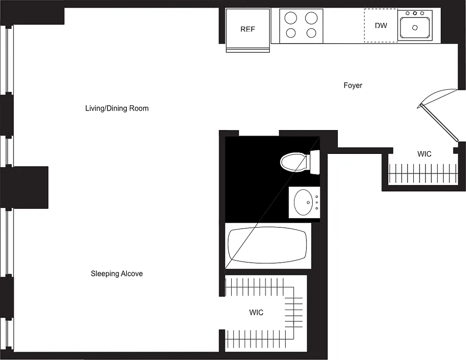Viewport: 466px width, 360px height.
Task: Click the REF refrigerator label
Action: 247,29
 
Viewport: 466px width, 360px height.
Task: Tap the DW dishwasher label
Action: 381,26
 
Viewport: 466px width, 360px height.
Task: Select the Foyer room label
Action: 353,85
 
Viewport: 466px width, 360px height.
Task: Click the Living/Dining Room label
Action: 116,108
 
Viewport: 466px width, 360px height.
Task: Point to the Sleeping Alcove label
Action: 116,274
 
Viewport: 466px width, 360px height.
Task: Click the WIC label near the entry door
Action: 424,154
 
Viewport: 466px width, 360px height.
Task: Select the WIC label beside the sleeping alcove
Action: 256,312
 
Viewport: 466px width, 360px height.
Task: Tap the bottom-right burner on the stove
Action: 311,33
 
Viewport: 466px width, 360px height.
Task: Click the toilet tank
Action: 314,162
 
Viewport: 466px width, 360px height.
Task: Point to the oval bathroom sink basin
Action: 303,202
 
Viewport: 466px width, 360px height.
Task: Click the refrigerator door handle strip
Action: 247,50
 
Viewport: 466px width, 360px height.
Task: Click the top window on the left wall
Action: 9,58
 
